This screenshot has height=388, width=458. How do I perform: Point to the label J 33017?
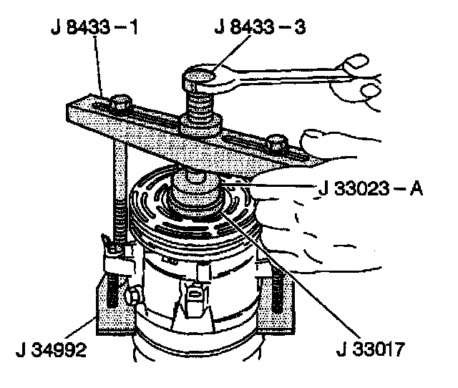click(371, 352)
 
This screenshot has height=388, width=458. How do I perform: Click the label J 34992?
click(52, 352)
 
